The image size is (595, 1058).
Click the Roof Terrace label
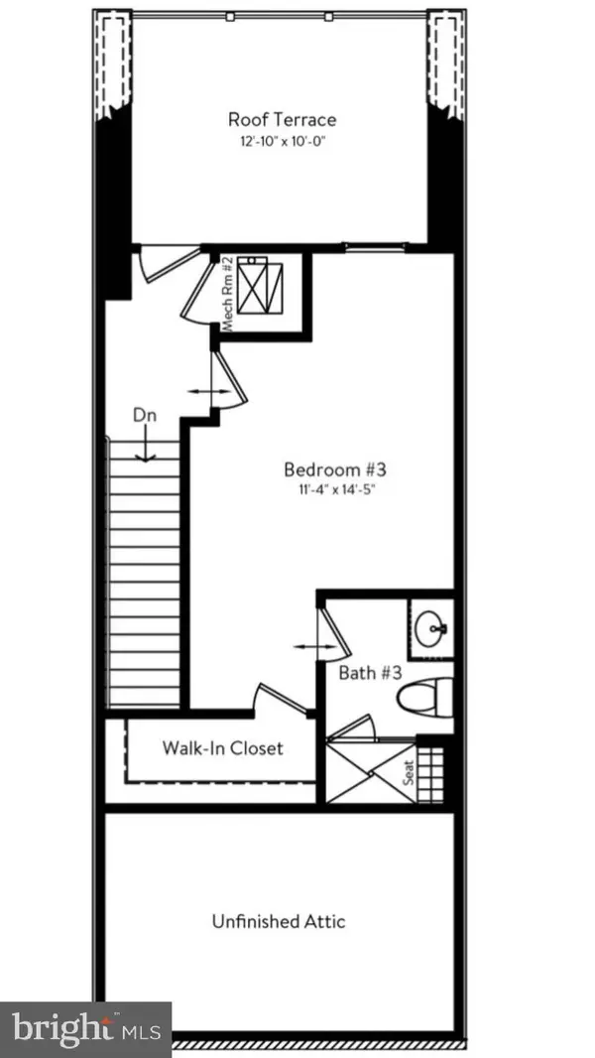[282, 119]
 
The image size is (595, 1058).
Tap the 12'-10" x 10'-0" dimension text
[282, 141]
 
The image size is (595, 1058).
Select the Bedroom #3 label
[327, 468]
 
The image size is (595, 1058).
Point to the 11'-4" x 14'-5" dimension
[327, 488]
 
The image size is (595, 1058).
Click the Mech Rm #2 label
[226, 295]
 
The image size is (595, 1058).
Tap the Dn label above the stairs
[145, 417]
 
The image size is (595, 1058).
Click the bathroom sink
[431, 627]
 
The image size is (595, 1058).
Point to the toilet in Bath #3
[424, 699]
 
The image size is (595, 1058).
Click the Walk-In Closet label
[222, 746]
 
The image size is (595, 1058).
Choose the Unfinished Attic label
[279, 921]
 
